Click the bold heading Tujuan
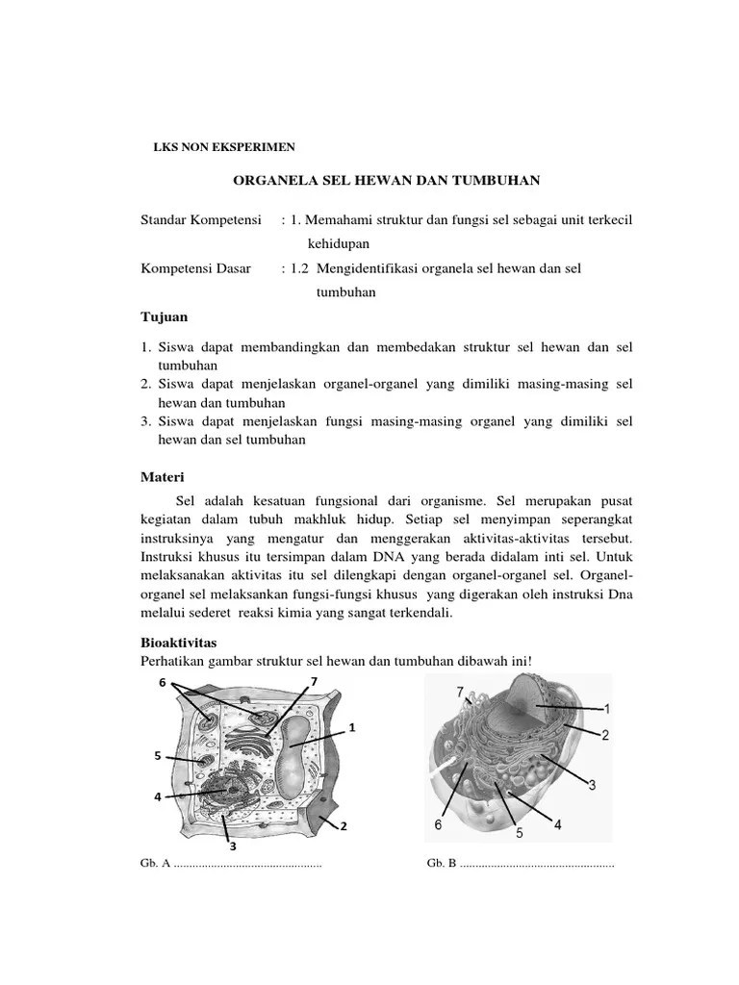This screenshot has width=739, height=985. (x=164, y=316)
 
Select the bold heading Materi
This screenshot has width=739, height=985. (x=164, y=477)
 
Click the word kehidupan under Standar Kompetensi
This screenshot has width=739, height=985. (x=339, y=244)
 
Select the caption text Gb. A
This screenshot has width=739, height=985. (x=155, y=863)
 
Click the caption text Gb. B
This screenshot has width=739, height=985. (x=442, y=863)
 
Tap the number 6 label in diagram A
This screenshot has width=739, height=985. (x=163, y=682)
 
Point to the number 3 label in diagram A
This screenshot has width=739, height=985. (x=231, y=846)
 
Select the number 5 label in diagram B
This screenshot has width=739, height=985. (x=519, y=833)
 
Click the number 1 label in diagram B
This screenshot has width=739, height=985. (x=605, y=708)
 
